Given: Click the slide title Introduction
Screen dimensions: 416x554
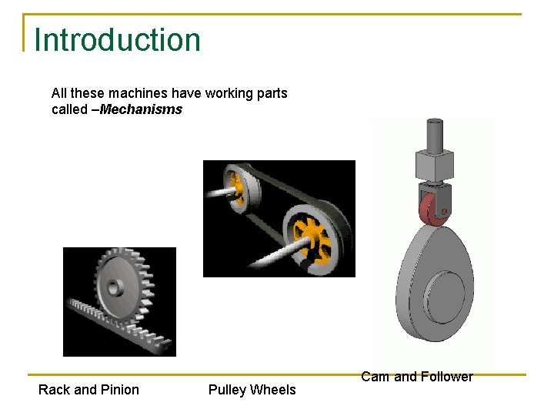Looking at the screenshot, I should (117, 39).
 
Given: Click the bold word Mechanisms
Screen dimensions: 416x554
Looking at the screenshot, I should (141, 109).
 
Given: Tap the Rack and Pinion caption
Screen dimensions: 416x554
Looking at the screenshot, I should (88, 390).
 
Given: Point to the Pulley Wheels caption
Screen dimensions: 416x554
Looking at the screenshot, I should (252, 390).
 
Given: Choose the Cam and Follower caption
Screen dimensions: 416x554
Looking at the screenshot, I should (416, 377).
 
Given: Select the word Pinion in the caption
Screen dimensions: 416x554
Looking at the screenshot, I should (119, 390).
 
